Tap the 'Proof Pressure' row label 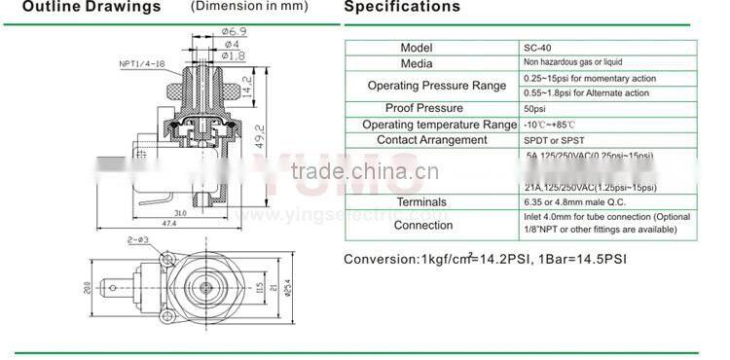click(423, 108)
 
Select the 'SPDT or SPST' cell click(550, 140)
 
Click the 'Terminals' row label click(422, 201)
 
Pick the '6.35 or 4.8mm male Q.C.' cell click(575, 201)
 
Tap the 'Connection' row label click(422, 225)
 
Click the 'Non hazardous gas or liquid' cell click(578, 62)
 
